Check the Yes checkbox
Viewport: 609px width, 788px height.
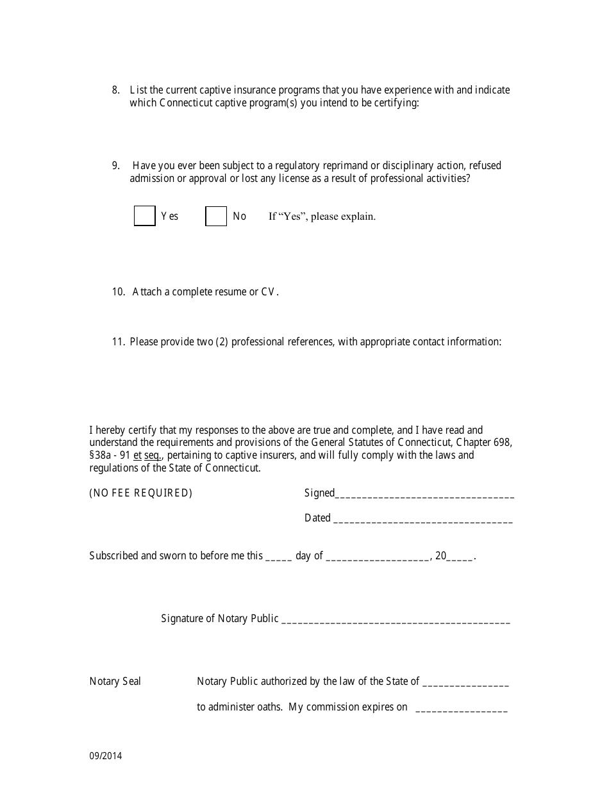tap(145, 216)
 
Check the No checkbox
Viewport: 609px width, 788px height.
tap(216, 216)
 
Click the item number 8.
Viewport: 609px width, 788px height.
tap(115, 90)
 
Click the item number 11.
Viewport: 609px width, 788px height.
tap(117, 342)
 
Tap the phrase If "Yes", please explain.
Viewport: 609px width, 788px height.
tap(322, 217)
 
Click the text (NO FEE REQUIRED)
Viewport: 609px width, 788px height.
tap(141, 493)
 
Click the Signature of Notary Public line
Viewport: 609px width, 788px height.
tap(396, 621)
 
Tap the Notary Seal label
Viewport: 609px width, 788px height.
tap(115, 682)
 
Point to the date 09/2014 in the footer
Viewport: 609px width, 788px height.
tap(106, 756)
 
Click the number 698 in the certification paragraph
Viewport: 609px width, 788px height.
tap(503, 443)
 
